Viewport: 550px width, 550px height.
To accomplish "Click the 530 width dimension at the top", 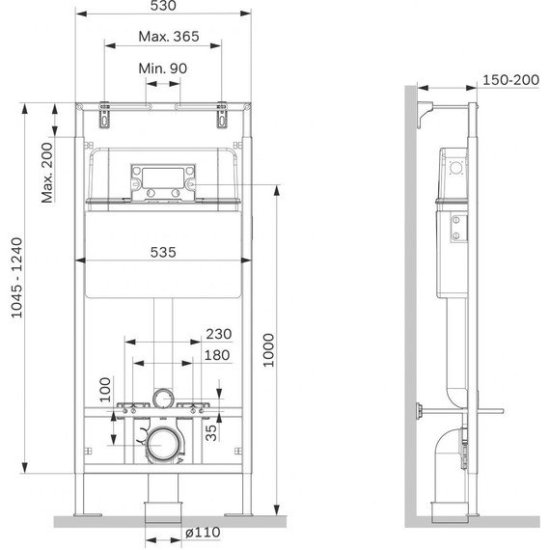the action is (163, 5).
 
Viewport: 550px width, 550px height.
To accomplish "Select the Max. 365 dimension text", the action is (169, 36).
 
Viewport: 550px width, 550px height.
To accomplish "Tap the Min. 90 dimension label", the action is (163, 69).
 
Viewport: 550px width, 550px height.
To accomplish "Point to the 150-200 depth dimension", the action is (510, 80).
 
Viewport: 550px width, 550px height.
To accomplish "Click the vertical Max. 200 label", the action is (47, 173).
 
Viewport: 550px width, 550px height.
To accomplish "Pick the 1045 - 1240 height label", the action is (16, 278).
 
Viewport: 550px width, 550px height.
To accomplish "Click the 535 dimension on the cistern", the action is (163, 252).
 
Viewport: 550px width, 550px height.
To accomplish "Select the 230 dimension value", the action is (219, 334).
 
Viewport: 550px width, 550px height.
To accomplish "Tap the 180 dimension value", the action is (217, 355).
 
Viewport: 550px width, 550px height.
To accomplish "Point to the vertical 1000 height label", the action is (269, 350).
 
